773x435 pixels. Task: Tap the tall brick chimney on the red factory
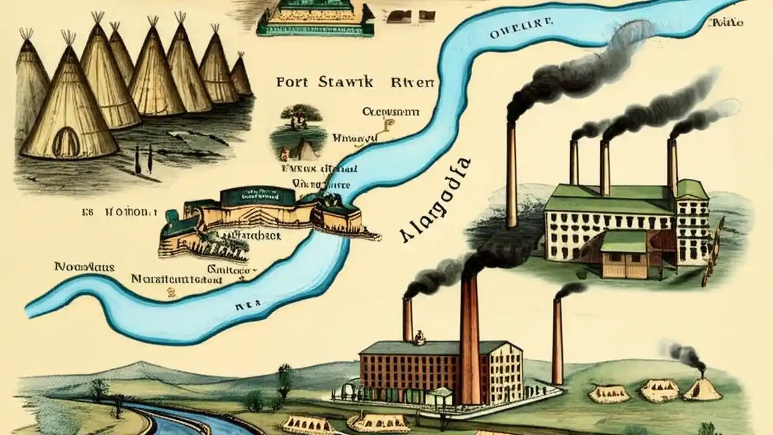coord(470,338)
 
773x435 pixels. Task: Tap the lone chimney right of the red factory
coord(557,341)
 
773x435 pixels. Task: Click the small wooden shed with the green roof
coord(624,254)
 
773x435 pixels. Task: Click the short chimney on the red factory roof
coord(408,320)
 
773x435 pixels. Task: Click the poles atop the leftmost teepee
coord(26,34)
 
